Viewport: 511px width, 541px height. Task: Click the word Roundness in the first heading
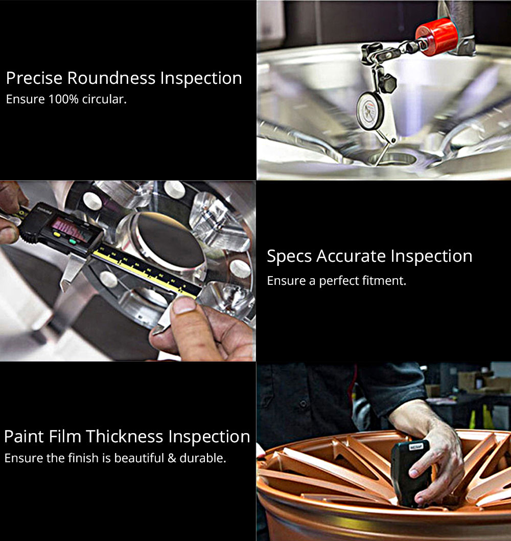[111, 78]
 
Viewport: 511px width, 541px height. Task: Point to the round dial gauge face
[369, 111]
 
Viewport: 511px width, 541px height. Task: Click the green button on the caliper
[73, 241]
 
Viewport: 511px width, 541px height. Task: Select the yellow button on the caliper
[57, 235]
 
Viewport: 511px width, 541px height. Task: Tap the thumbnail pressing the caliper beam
[184, 305]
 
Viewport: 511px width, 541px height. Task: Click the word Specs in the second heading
[289, 257]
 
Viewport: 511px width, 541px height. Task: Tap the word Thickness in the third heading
[124, 437]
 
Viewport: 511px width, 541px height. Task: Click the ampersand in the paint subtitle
[172, 458]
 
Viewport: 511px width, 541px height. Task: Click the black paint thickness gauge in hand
[410, 472]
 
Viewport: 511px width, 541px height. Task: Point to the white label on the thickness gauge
[416, 447]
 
